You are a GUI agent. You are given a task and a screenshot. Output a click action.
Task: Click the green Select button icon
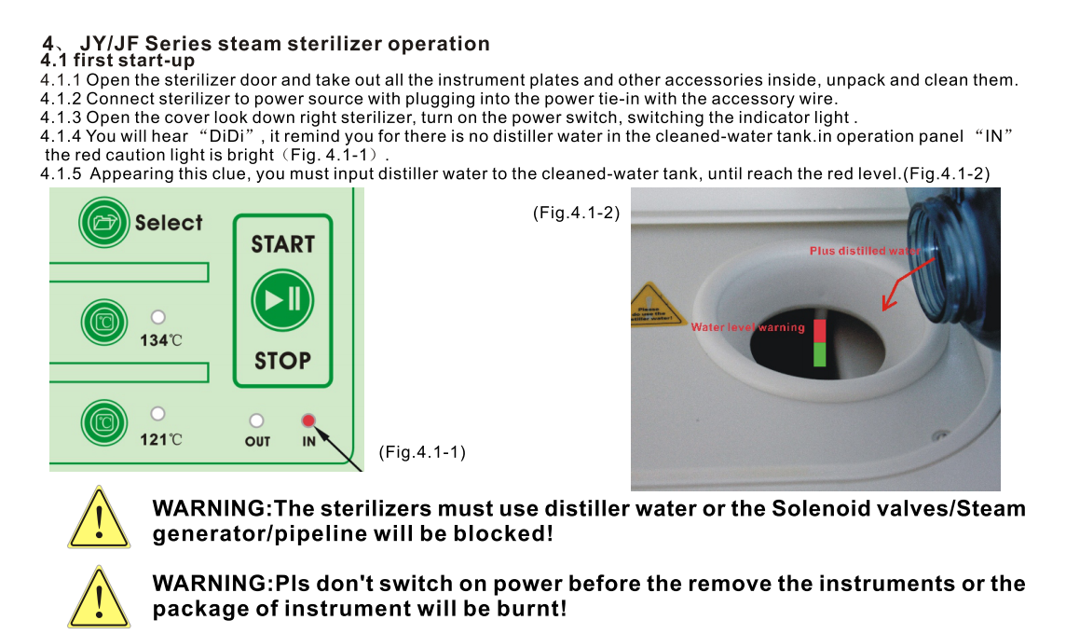[x=104, y=222]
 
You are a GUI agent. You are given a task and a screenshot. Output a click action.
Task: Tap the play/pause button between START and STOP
[x=282, y=300]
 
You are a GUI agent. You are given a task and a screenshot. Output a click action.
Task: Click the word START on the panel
[x=283, y=244]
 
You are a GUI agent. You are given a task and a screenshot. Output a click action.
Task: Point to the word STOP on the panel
[x=283, y=361]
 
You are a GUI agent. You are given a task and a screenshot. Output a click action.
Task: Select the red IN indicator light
[x=308, y=420]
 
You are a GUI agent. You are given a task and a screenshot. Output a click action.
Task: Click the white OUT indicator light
[x=256, y=420]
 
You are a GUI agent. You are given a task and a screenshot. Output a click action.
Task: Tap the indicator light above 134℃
[x=158, y=317]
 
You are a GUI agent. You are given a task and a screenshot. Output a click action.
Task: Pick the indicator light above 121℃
[x=157, y=414]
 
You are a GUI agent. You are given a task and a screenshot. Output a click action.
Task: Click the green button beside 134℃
[x=104, y=322]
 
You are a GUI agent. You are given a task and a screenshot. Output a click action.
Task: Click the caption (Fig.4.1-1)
[x=422, y=452]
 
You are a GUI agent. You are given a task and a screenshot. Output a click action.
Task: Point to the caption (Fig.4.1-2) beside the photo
[x=577, y=213]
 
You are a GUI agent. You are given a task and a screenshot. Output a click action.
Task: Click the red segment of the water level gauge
[x=820, y=331]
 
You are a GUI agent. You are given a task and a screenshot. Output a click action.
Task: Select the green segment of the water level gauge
[x=820, y=354]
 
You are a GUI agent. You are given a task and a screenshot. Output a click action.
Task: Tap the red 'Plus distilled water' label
[x=865, y=251]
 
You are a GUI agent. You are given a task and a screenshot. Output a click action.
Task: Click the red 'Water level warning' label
[x=748, y=327]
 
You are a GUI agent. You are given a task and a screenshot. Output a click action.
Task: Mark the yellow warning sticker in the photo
[x=656, y=305]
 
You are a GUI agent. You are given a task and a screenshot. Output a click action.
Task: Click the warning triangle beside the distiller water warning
[x=100, y=517]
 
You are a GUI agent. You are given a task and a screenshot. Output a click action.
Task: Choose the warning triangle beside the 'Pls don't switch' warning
[x=100, y=597]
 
